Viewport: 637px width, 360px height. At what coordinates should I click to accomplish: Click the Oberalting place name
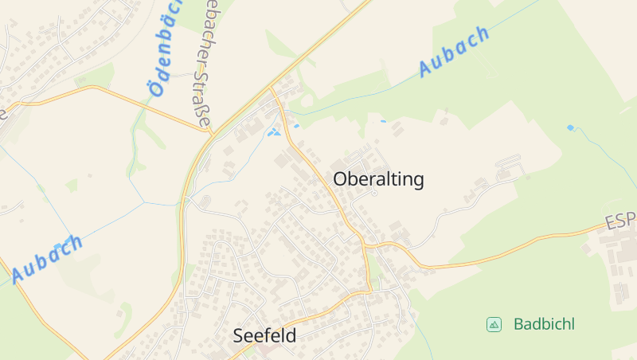pos(378,179)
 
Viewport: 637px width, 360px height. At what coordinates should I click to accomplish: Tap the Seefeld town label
pos(264,336)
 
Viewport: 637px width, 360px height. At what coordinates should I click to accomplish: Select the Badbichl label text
pos(544,324)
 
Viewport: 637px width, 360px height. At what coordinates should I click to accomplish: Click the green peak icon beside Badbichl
pos(494,324)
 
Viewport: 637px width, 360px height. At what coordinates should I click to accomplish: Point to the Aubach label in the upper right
pos(453,51)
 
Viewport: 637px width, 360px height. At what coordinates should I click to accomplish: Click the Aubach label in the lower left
pos(48,259)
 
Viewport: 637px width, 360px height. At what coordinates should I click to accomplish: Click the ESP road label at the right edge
pos(620,220)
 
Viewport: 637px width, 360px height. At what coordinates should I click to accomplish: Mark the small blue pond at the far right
pos(570,127)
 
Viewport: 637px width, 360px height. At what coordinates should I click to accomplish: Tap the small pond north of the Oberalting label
pos(383,121)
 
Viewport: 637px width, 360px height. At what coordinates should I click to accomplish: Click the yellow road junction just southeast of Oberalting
pos(365,244)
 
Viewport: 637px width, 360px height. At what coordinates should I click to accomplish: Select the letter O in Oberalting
pos(341,179)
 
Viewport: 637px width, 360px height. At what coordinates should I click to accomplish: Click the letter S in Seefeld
pos(238,336)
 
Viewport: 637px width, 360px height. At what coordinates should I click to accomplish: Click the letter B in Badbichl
pos(518,324)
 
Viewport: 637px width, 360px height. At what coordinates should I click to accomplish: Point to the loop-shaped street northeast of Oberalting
pos(507,169)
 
